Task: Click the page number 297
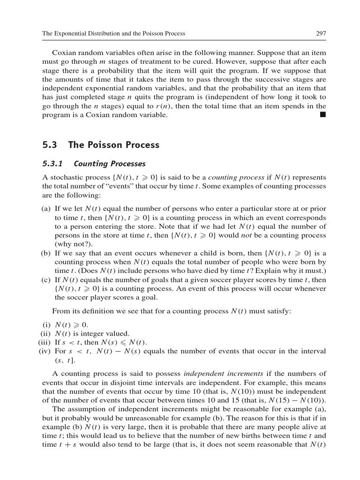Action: pyautogui.click(x=321, y=33)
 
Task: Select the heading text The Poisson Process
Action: pyautogui.click(x=114, y=145)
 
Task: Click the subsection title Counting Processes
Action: pyautogui.click(x=110, y=164)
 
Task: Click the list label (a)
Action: pyautogui.click(x=46, y=208)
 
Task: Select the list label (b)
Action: pyautogui.click(x=46, y=253)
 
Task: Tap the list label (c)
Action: pyautogui.click(x=46, y=280)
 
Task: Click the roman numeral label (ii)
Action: pyautogui.click(x=45, y=333)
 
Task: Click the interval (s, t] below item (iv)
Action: pyautogui.click(x=64, y=360)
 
